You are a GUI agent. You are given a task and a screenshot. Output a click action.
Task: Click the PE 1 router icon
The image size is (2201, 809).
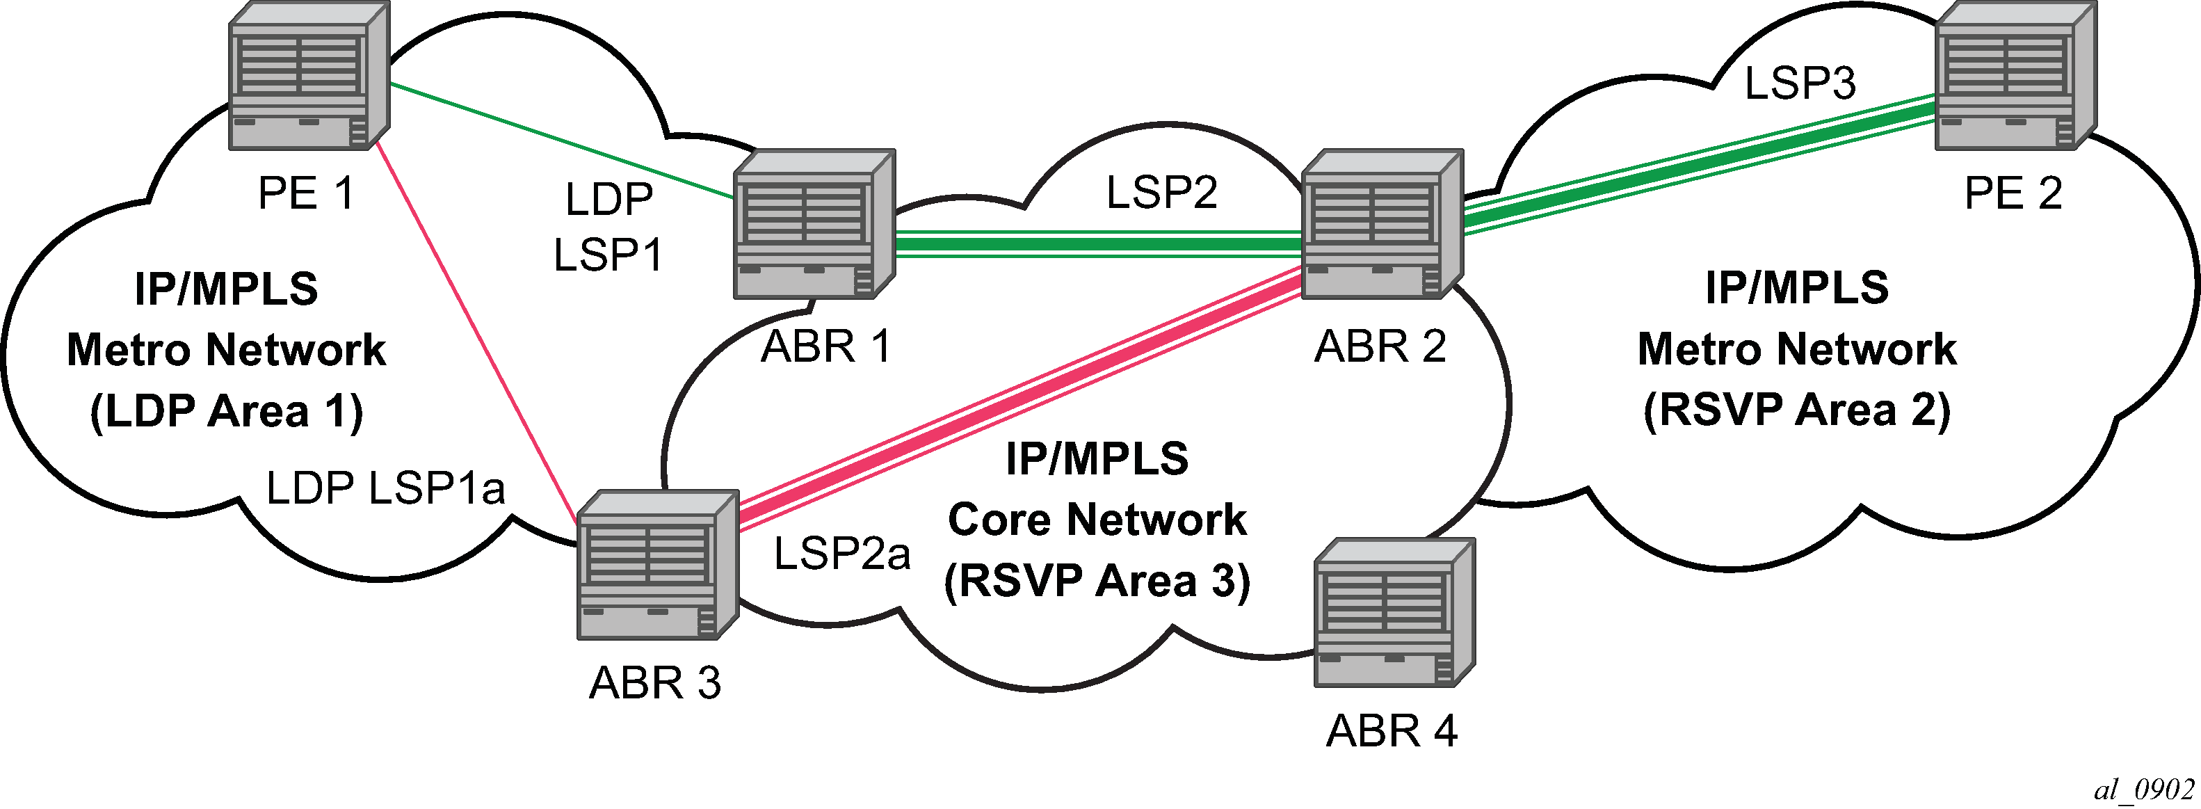(309, 75)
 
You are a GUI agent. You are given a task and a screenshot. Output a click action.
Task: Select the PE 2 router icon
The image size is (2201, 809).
(2015, 75)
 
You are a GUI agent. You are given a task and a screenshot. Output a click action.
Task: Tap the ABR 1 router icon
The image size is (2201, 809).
(814, 225)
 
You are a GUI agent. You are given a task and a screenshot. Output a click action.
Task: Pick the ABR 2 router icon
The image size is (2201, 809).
(1382, 225)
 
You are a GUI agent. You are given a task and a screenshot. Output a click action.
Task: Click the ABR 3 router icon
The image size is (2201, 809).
(658, 565)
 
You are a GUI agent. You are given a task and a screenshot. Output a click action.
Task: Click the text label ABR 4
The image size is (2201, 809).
(1392, 731)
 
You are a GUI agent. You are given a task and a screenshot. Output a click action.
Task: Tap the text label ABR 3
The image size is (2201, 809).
(655, 683)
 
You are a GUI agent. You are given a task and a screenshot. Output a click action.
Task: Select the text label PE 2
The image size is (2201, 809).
(2013, 193)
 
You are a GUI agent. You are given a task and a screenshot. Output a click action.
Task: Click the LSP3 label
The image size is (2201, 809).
(1800, 83)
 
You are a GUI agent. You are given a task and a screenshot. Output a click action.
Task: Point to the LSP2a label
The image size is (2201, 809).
(841, 553)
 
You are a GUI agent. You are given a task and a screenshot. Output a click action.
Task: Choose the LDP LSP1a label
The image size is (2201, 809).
(385, 488)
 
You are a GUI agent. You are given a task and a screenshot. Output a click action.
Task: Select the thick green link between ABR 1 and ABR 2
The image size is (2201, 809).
(1099, 244)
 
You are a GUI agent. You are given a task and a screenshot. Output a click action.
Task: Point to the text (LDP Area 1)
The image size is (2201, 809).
(227, 411)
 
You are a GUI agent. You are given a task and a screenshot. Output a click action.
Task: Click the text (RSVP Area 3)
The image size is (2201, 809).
(1097, 581)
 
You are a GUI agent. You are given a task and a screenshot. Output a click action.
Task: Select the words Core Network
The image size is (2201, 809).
(1097, 520)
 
